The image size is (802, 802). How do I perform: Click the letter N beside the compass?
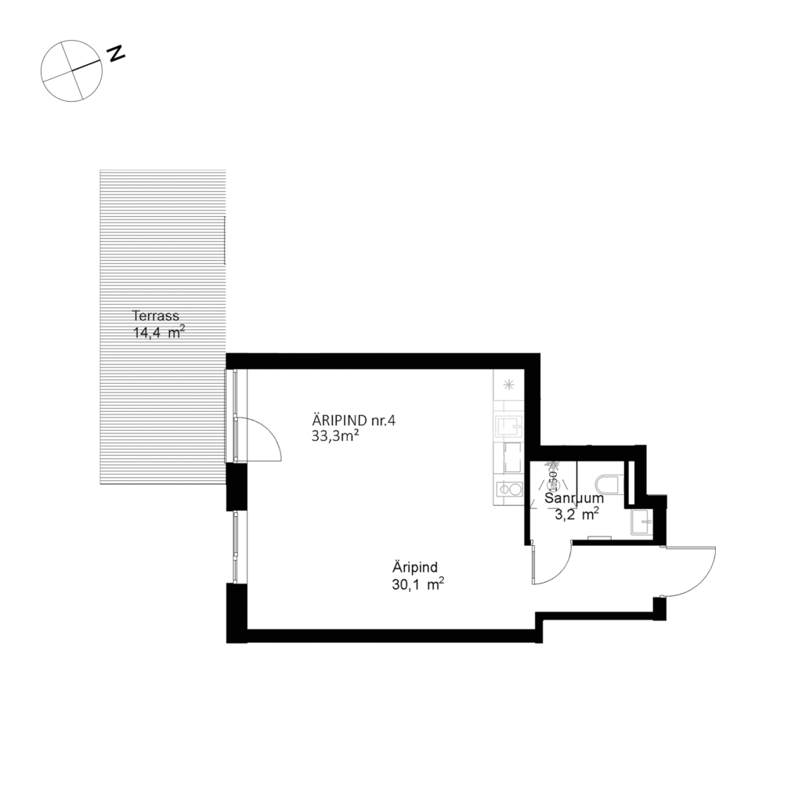(117, 53)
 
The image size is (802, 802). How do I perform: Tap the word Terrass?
(156, 316)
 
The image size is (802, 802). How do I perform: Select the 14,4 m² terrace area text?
(159, 332)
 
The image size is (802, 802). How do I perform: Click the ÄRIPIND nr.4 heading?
(355, 421)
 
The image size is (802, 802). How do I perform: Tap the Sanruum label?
(574, 498)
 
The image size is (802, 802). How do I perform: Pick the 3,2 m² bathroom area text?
(577, 515)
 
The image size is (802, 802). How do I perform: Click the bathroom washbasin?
(641, 522)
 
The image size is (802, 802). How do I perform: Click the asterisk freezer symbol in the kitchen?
(508, 384)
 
